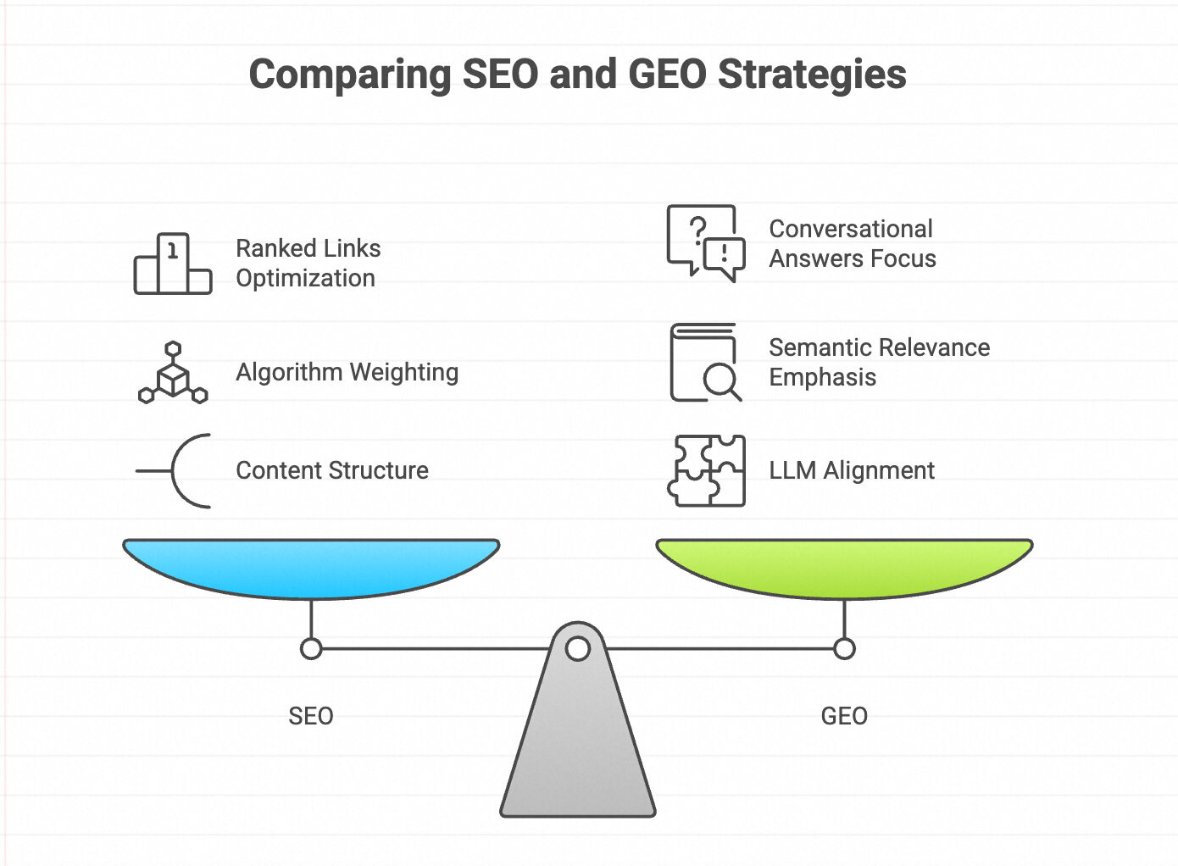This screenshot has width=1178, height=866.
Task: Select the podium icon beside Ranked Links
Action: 173,264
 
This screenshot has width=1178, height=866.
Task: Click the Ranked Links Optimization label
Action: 308,263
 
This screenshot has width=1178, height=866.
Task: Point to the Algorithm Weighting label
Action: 347,372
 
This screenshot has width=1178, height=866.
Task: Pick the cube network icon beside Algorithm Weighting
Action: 173,373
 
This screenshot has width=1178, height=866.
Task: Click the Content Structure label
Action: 331,470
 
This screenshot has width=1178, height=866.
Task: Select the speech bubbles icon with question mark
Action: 705,242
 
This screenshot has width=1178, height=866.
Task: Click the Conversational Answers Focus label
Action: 852,243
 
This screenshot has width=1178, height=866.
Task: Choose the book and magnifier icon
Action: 705,362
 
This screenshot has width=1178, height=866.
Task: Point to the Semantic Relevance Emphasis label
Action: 879,362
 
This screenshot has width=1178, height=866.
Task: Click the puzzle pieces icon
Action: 706,470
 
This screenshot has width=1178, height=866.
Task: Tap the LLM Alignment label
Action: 851,470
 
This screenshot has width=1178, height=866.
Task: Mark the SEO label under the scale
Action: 311,716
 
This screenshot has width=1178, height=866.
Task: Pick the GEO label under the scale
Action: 844,716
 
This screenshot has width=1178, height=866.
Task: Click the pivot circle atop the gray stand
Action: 578,649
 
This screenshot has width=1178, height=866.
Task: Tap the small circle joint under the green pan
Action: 844,649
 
